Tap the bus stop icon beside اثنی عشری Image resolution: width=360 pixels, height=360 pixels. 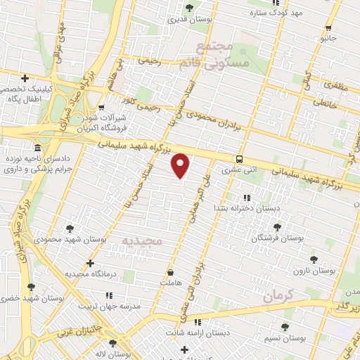click(240, 159)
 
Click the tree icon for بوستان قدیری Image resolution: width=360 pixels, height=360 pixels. click(189, 8)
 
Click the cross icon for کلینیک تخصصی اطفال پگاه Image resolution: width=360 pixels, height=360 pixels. click(25, 78)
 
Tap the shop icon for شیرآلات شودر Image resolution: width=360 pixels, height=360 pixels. click(103, 108)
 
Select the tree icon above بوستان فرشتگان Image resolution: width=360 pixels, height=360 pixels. click(276, 227)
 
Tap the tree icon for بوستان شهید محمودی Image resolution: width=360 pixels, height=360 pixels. click(69, 228)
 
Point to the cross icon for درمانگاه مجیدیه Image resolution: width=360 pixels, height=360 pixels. click(90, 263)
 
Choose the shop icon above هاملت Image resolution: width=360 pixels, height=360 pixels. click(169, 270)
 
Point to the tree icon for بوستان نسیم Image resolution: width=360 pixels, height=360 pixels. click(284, 327)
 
